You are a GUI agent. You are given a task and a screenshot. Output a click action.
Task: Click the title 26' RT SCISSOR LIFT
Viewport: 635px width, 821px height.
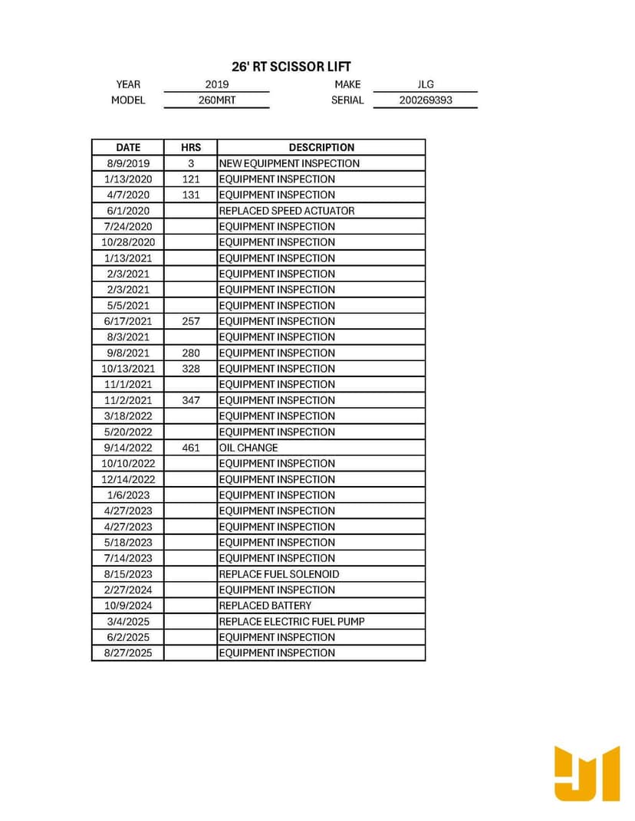point(291,67)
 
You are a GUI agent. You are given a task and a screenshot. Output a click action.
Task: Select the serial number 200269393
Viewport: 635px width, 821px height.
point(425,100)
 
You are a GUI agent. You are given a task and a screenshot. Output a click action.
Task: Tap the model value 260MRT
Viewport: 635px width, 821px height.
point(217,100)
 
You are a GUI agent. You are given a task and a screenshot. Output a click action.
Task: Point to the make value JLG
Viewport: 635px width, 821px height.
point(425,84)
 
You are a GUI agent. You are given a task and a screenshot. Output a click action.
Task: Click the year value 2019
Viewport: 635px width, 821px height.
point(217,84)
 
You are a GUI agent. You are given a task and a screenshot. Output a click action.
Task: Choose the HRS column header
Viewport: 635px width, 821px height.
point(190,147)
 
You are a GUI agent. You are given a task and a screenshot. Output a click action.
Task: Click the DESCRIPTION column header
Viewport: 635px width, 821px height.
point(321,147)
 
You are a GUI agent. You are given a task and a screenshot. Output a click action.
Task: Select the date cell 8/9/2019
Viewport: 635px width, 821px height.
point(128,163)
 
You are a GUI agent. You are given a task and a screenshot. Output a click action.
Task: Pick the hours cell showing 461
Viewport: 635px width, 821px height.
point(190,448)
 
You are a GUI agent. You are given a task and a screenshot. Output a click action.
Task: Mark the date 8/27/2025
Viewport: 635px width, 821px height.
point(128,653)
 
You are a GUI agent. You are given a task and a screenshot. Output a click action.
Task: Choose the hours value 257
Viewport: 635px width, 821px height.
point(190,321)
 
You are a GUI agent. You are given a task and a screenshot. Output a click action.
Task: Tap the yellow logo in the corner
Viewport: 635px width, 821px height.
point(587,773)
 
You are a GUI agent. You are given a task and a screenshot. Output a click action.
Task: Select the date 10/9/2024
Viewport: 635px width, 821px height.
point(128,606)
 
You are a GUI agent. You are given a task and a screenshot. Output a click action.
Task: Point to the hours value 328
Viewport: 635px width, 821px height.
point(190,369)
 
